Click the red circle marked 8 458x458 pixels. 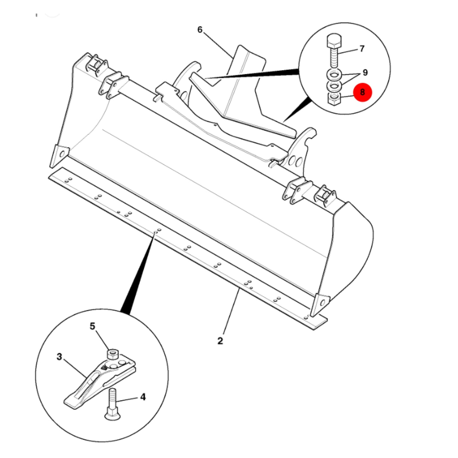(362, 92)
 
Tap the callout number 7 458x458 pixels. (362, 49)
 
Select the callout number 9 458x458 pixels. (365, 73)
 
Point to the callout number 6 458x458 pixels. (200, 30)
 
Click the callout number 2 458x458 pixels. (220, 341)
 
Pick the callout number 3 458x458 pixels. (59, 357)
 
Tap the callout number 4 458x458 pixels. (143, 397)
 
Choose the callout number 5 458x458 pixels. (93, 326)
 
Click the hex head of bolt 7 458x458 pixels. (334, 42)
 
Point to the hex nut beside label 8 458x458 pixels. (334, 99)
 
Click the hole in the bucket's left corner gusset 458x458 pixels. (62, 154)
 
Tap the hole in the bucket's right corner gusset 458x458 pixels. (323, 302)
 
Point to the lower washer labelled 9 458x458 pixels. (334, 86)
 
